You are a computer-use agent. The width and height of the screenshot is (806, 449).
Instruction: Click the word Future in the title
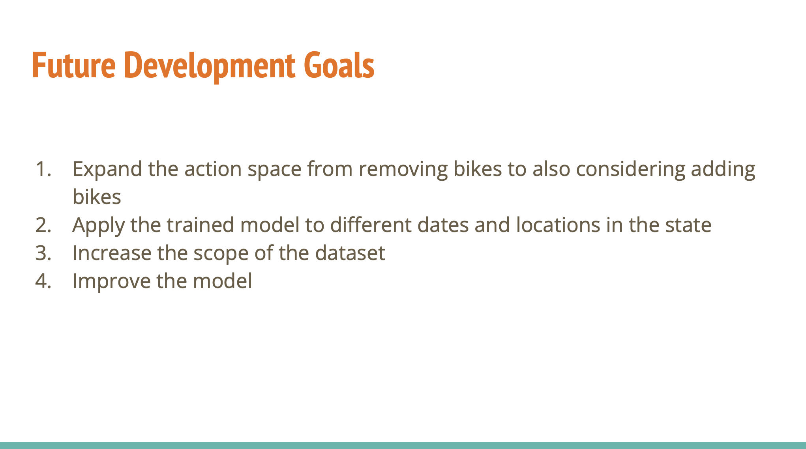coord(74,65)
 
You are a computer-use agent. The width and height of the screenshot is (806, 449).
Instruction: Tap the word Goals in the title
coord(339,65)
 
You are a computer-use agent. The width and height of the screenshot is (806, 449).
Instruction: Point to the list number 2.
coord(43,225)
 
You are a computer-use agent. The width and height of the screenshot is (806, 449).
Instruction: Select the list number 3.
coord(43,253)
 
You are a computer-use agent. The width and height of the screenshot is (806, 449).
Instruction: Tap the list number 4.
coord(43,281)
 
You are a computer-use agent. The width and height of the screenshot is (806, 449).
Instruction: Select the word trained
coord(201,225)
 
